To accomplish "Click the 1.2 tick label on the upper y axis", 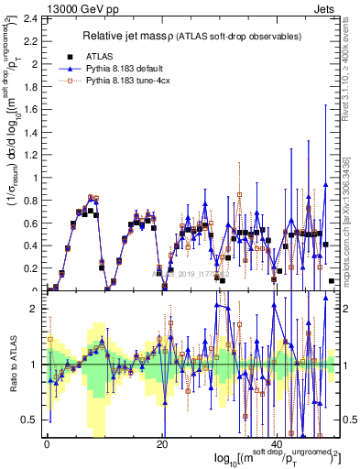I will click(28, 155).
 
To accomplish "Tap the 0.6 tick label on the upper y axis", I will click(28, 223).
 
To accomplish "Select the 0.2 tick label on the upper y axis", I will click(28, 268).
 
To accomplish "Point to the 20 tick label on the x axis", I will click(162, 443).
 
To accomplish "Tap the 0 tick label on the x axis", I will click(47, 443).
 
